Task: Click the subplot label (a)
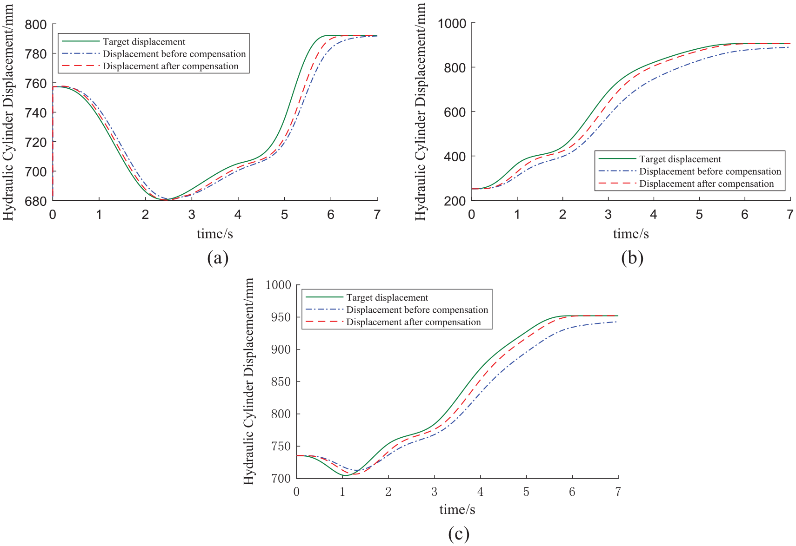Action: click(x=218, y=258)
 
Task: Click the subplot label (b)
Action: click(x=632, y=258)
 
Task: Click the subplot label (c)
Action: click(x=458, y=534)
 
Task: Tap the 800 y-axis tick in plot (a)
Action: click(x=36, y=25)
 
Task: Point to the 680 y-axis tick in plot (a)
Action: click(x=36, y=201)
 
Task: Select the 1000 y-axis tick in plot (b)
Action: click(x=451, y=24)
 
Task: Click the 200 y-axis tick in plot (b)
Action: click(x=455, y=201)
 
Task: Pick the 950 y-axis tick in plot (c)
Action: click(x=281, y=317)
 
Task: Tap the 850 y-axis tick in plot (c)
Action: click(x=281, y=382)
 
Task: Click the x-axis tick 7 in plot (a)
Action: click(x=377, y=215)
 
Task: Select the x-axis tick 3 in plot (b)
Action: click(x=608, y=215)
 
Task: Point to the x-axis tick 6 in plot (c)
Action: click(x=572, y=492)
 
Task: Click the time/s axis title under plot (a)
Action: click(x=214, y=234)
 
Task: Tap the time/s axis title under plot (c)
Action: click(x=457, y=510)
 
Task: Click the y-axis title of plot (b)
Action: click(x=420, y=112)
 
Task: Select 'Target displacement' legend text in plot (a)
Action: click(x=144, y=42)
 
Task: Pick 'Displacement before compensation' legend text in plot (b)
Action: click(x=710, y=171)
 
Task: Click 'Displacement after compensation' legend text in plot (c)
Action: click(x=413, y=322)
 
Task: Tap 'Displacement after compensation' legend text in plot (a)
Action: click(x=170, y=66)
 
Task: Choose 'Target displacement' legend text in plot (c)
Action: click(x=387, y=297)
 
